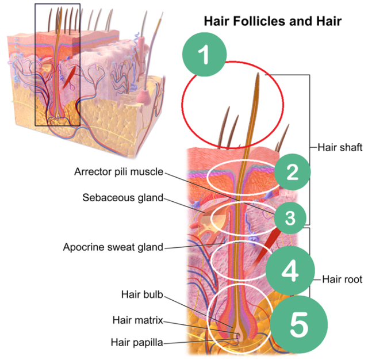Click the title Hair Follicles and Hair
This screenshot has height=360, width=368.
coord(273,22)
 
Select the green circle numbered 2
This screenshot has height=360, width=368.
coord(292,172)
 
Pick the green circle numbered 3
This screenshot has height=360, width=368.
coord(290,217)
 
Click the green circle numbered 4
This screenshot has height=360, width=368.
coord(291,270)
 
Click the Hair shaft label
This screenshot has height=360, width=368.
coord(339,147)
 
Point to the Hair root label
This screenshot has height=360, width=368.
coord(342,280)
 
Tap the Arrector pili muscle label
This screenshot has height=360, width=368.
coord(119,171)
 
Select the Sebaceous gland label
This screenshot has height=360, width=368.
coord(122,198)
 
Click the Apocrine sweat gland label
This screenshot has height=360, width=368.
coord(113,248)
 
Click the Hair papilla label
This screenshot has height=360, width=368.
coord(136,343)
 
